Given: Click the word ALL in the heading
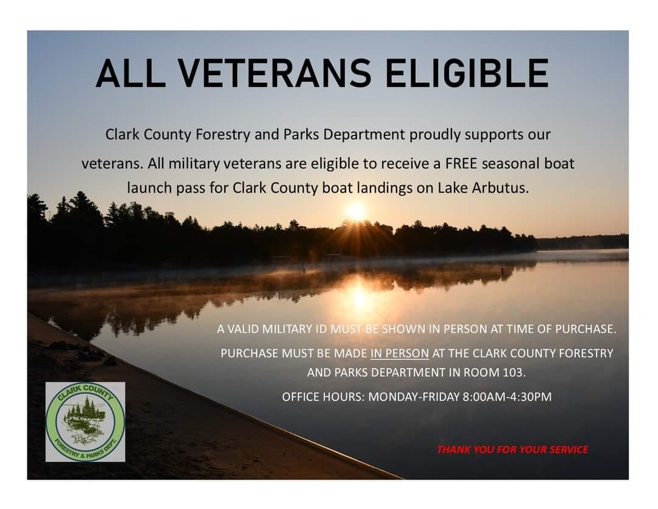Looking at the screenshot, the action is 130,73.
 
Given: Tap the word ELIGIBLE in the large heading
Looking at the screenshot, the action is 467,73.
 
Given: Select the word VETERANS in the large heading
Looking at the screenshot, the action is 275,73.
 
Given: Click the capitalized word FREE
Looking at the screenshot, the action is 461,163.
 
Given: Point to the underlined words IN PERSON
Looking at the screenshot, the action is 400,354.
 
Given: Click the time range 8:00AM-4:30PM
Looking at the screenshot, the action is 507,397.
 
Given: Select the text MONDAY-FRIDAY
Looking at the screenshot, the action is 414,397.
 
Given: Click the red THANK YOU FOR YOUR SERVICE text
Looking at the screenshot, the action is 512,450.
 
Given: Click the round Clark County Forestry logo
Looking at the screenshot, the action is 85,422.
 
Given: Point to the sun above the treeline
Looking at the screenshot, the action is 356,211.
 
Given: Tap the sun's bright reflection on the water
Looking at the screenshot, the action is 359,296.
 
